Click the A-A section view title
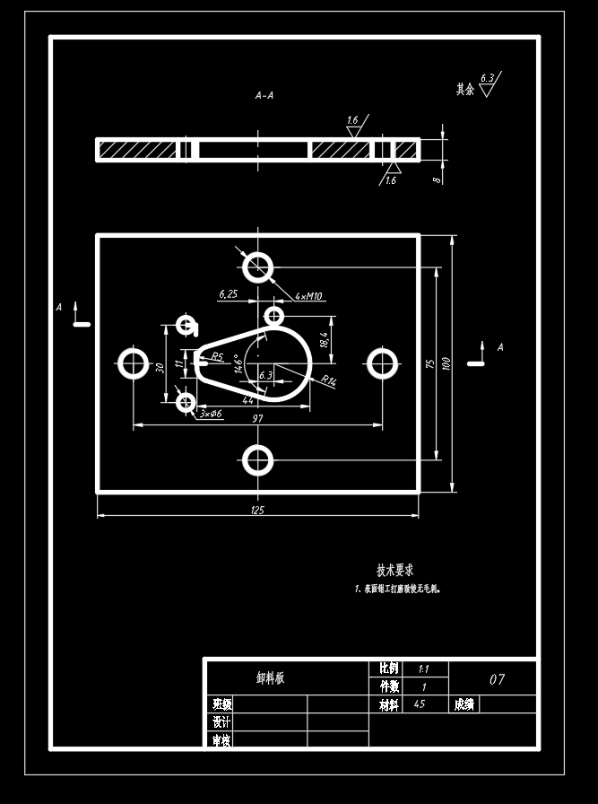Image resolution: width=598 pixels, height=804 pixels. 264,94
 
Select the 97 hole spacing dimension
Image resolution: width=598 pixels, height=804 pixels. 257,419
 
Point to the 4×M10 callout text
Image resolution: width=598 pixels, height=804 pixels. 308,296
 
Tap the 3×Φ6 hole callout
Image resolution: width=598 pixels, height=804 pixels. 211,413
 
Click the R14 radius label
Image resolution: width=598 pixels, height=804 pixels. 328,381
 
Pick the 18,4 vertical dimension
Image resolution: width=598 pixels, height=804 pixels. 325,338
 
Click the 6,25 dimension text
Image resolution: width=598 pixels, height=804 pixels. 228,293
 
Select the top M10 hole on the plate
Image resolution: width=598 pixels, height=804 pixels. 258,267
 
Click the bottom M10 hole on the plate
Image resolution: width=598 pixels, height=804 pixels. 258,460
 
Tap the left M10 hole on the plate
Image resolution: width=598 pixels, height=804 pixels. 134,363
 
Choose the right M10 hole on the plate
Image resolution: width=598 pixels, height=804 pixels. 383,363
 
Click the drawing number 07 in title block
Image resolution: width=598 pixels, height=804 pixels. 497,679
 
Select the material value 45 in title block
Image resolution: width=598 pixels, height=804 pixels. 420,704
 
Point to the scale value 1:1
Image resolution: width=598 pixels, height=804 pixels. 423,669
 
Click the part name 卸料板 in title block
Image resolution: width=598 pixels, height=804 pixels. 270,678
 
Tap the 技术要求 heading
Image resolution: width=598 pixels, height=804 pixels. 394,570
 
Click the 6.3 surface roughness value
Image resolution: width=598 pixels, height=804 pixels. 487,78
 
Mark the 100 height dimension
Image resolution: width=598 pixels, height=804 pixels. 447,363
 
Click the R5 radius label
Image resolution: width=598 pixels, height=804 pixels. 217,356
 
